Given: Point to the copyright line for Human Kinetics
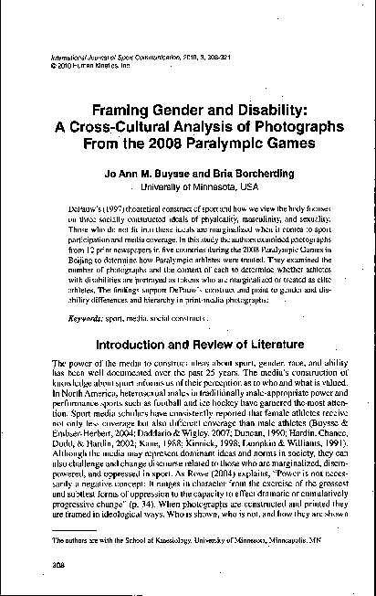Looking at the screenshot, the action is click(87, 66).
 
